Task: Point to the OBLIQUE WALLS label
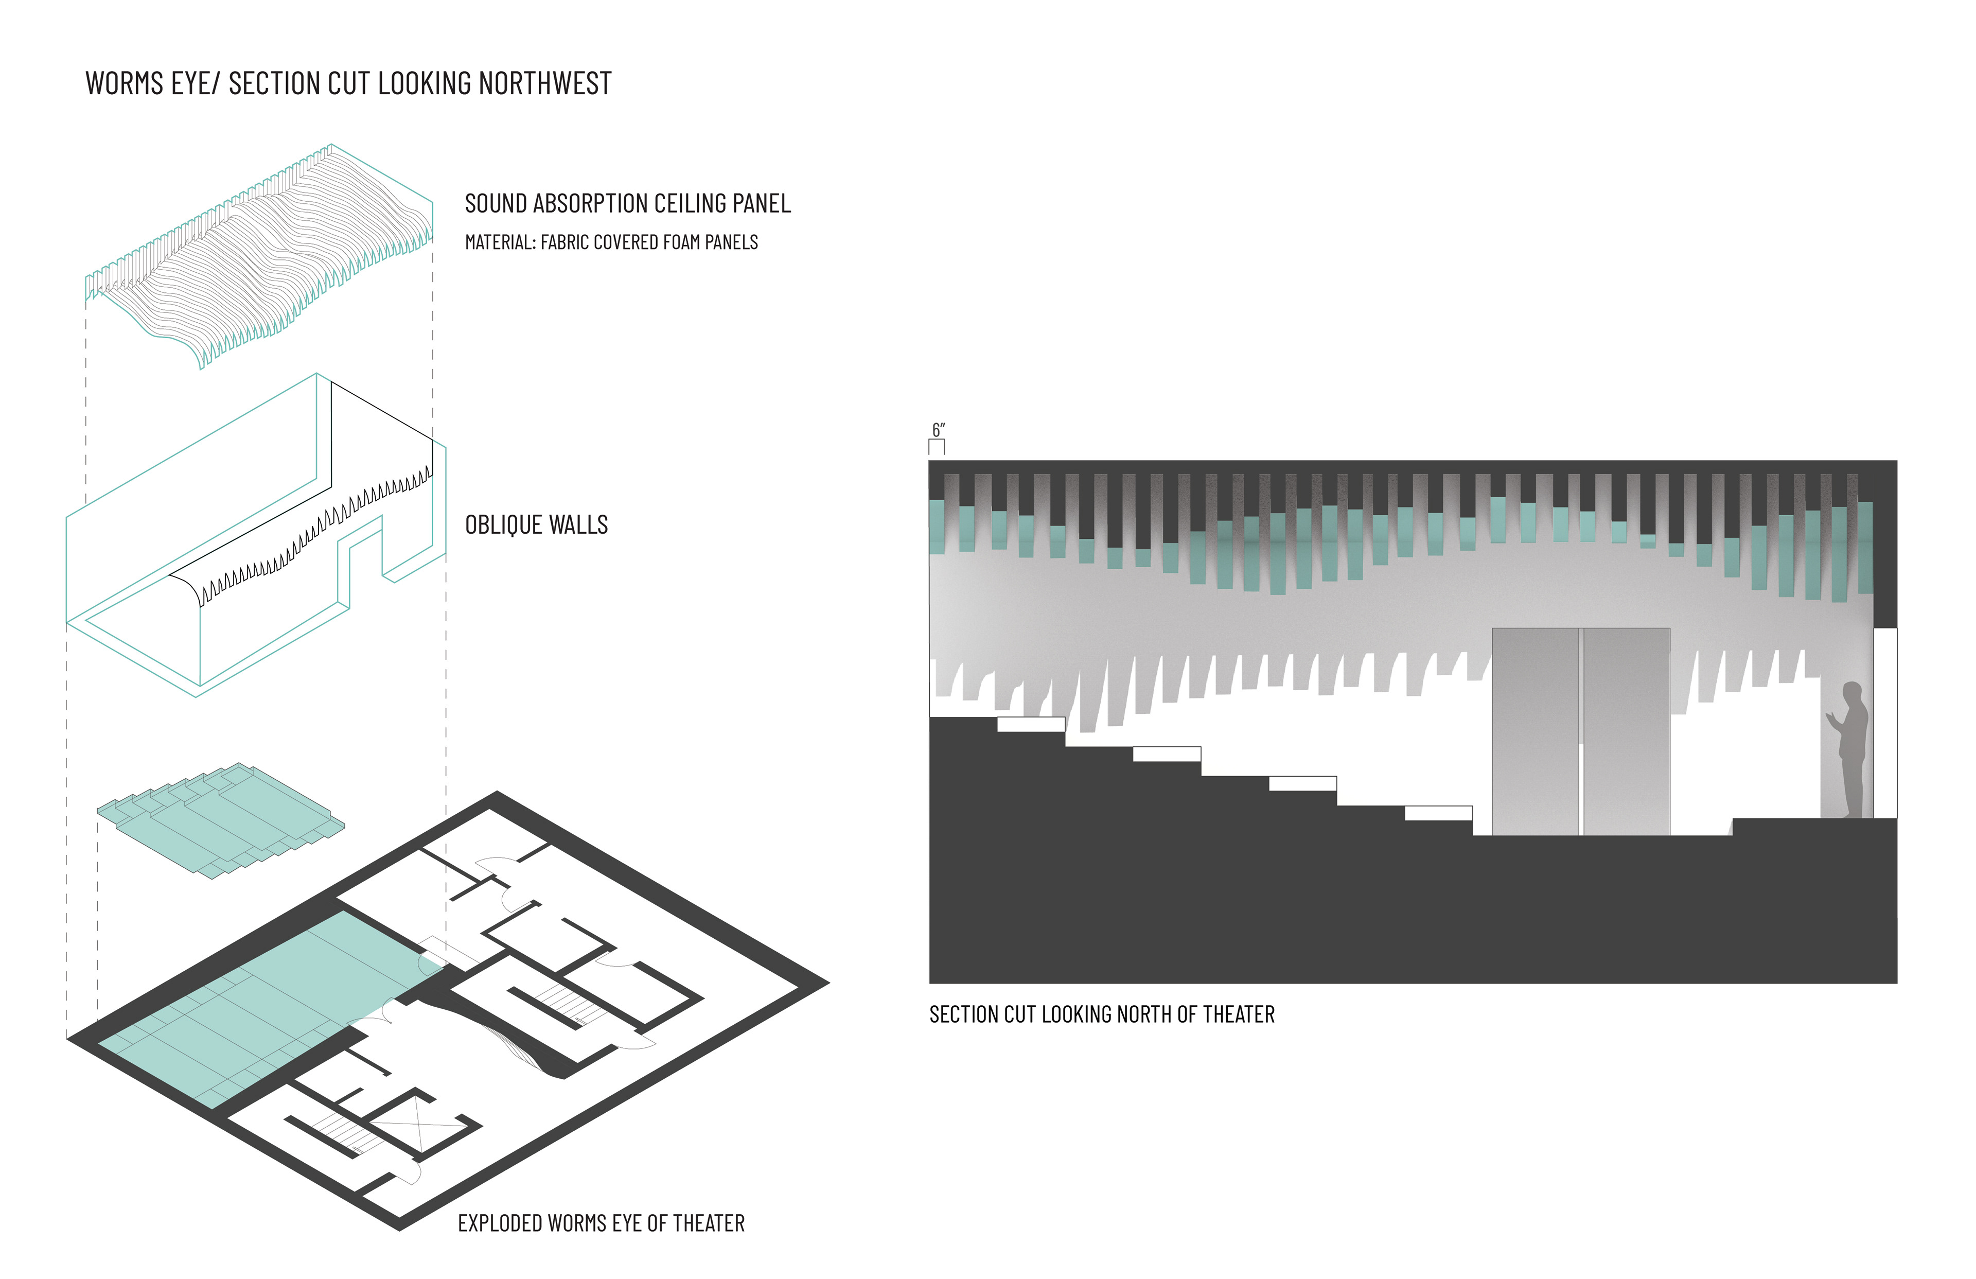pyautogui.click(x=536, y=525)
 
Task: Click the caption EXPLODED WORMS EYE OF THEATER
pyautogui.click(x=601, y=1223)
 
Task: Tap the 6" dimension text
pyautogui.click(x=938, y=430)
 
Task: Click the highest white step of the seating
pyautogui.click(x=1030, y=724)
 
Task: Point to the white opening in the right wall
pyautogui.click(x=1885, y=723)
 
